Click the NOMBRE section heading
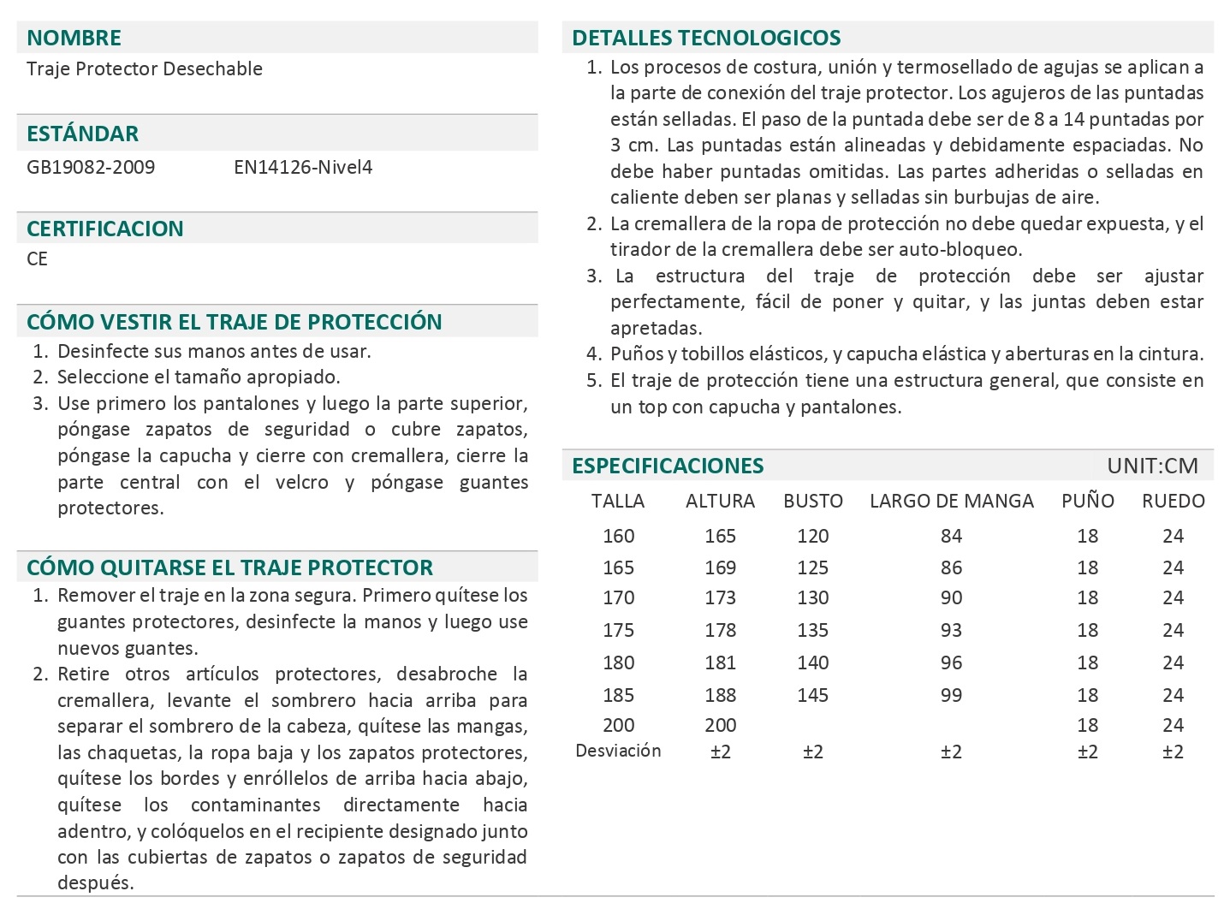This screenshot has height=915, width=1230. click(x=74, y=38)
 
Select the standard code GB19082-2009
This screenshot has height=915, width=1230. click(x=91, y=167)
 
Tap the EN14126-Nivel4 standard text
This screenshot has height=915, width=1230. click(x=303, y=167)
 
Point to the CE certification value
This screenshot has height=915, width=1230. click(x=37, y=258)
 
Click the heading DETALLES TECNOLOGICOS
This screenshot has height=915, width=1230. click(x=706, y=38)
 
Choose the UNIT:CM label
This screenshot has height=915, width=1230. click(x=1152, y=466)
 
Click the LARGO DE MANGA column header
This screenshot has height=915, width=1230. click(x=951, y=501)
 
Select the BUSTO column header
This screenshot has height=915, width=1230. click(x=812, y=501)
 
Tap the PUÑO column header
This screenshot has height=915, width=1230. click(x=1087, y=501)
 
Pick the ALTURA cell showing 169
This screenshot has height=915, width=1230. click(x=720, y=567)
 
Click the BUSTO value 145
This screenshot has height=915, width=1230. click(x=812, y=695)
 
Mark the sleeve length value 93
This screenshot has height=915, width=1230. click(x=951, y=630)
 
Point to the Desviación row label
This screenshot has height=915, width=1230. click(x=618, y=751)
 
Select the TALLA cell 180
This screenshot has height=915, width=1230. click(x=618, y=662)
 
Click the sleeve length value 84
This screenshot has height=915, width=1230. click(x=951, y=536)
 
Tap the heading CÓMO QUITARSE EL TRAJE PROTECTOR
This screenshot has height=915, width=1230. click(x=229, y=567)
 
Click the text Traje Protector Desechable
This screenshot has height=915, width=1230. click(x=144, y=68)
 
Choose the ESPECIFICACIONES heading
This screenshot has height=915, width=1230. click(x=668, y=466)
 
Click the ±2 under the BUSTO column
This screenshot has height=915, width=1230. click(x=812, y=752)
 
